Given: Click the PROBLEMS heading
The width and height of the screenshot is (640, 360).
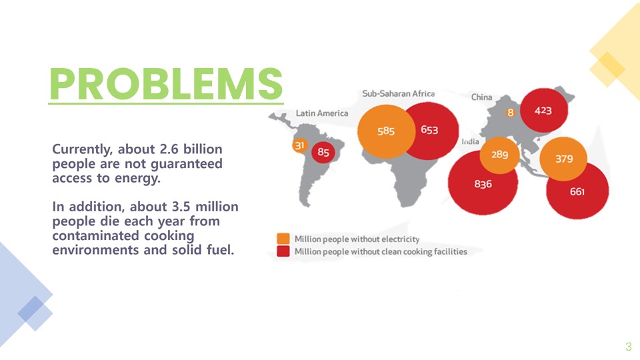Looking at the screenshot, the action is [x=166, y=84].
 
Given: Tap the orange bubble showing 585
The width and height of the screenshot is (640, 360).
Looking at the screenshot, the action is [x=386, y=131].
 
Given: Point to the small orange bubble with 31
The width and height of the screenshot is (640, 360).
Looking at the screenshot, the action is [x=299, y=145].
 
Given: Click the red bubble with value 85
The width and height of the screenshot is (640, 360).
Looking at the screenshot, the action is [x=323, y=152].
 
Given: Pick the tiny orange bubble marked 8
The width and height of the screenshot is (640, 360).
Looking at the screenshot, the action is [x=510, y=113].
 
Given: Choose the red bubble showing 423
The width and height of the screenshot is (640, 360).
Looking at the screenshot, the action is [x=544, y=110].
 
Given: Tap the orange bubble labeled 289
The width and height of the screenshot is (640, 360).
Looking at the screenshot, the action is [x=499, y=155].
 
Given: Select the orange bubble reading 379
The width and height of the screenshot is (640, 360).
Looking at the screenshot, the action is [x=563, y=159].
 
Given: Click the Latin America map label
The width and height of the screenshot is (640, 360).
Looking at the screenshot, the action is [x=322, y=113].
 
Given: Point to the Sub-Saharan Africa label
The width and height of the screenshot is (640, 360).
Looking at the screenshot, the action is [x=399, y=93].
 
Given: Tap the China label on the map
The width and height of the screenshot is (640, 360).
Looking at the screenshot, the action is [x=481, y=97].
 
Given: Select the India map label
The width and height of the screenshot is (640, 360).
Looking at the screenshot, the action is [x=470, y=141].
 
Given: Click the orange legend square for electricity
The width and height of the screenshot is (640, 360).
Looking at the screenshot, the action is [x=283, y=239].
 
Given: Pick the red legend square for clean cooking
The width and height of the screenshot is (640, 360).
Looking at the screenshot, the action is [x=283, y=251].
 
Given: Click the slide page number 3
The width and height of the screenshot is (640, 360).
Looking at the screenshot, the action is [x=629, y=347].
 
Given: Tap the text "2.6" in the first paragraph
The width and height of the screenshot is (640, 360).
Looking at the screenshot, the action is [x=169, y=149].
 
